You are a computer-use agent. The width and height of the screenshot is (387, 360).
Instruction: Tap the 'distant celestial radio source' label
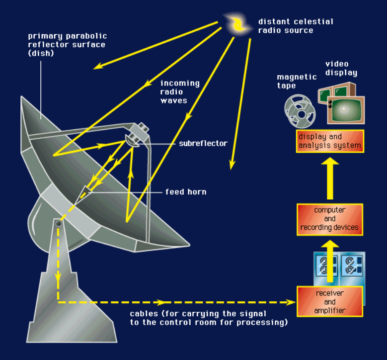pos(296,26)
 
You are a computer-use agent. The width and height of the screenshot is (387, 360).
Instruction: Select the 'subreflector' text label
pos(203,144)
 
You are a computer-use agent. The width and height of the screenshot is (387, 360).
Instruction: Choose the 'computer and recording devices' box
pos(329,219)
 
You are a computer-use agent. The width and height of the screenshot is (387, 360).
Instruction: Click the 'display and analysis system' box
pos(330,141)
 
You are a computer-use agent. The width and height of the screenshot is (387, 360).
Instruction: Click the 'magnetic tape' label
pos(297,81)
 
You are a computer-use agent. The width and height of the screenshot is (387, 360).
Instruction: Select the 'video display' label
pos(341,69)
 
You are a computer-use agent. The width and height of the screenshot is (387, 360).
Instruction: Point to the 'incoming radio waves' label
pos(179,91)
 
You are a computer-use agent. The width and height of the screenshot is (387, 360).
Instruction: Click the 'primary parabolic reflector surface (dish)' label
pos(68,45)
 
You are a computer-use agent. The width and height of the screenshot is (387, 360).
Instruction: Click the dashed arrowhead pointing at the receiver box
pos(290,302)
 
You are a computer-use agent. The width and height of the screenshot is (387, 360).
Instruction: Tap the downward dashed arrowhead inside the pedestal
pos(58,276)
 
